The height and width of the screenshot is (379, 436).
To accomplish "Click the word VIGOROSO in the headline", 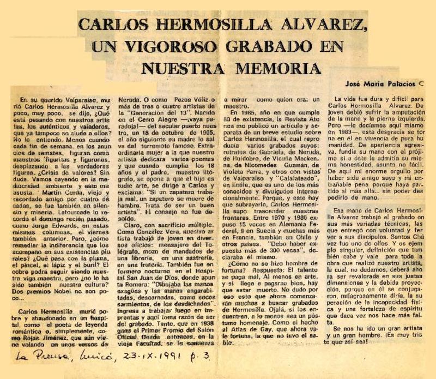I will click(167, 47).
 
